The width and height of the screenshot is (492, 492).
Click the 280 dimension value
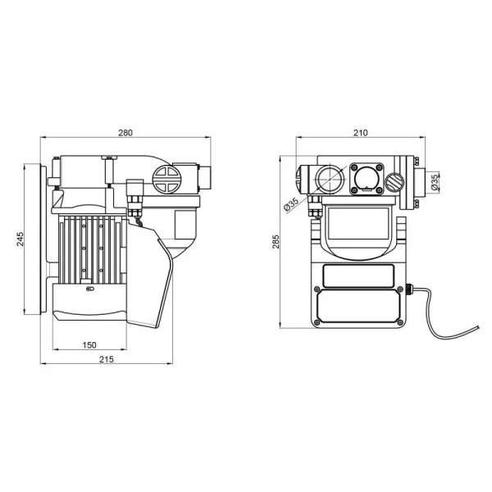[125, 132]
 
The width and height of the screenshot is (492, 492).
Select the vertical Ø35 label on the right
[435, 180]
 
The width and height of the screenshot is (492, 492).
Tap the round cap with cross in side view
[166, 180]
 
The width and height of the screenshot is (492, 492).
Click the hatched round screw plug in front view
[396, 181]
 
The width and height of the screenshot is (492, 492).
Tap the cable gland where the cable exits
[411, 289]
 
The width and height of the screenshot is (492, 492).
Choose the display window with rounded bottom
[358, 227]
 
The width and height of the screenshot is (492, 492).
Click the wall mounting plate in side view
[35, 239]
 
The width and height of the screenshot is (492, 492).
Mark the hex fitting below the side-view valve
[134, 201]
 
